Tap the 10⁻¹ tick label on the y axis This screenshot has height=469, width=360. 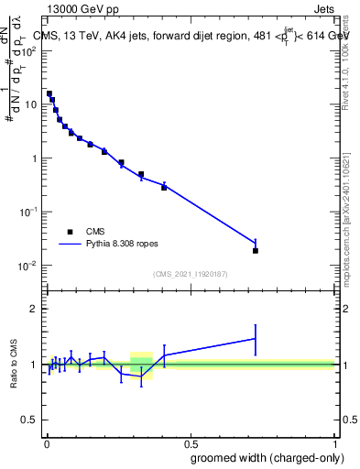(30, 212)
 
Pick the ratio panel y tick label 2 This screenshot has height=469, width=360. (35, 309)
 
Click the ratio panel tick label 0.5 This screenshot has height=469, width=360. (30, 420)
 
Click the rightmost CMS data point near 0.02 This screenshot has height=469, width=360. (256, 250)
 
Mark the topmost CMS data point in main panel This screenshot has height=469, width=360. (49, 93)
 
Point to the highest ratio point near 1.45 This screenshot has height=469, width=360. (256, 339)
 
